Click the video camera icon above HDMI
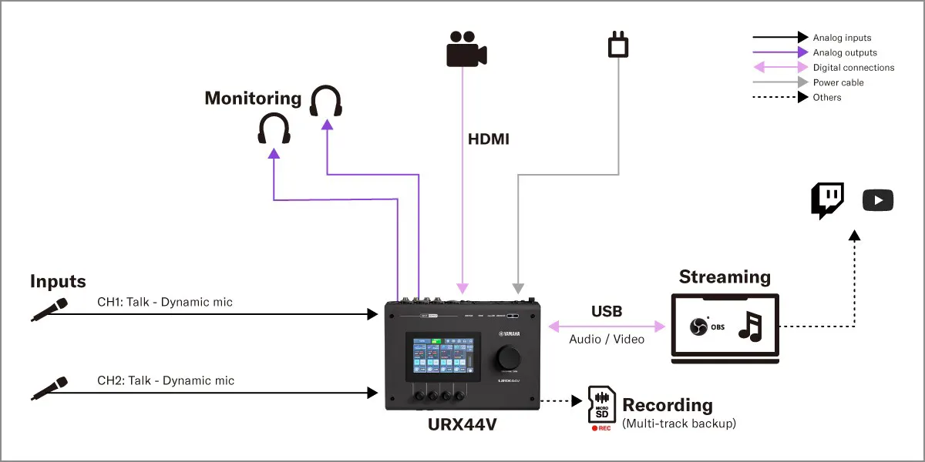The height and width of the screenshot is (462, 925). point(466,49)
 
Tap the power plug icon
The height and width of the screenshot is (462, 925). point(617,45)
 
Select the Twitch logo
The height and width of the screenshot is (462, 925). point(827,200)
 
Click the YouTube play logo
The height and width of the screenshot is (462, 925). point(878,201)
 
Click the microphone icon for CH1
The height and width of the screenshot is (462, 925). point(49,309)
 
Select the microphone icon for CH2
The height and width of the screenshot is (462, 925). point(49,388)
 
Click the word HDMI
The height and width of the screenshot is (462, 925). point(489,140)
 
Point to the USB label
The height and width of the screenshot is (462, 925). point(607,312)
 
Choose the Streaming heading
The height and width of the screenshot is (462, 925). point(725,277)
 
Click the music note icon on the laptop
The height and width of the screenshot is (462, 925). point(749,326)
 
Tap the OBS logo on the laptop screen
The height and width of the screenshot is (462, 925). point(698,326)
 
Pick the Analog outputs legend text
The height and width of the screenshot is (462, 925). point(845,52)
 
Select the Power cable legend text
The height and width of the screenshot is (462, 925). point(839,82)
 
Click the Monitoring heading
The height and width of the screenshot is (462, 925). point(253,98)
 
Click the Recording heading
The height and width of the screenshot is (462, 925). point(668,405)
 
